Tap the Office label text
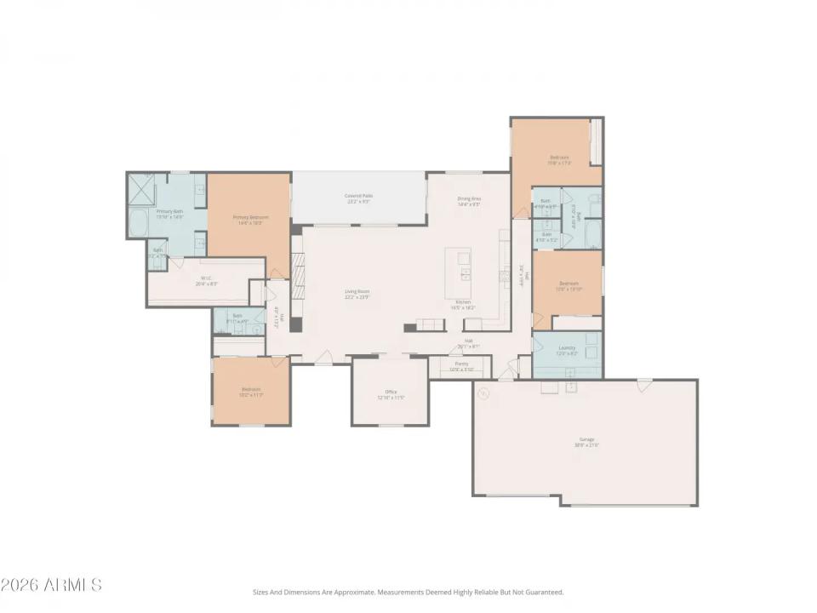coord(391,394)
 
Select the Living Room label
coord(357,294)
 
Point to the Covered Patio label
coord(358,198)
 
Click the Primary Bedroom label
coord(251,219)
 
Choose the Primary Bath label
coord(169,214)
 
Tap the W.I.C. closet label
coord(206,280)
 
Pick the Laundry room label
coord(567,350)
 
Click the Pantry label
coord(460,366)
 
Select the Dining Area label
coord(470,201)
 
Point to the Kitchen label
coord(464,305)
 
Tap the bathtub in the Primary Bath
coord(139,224)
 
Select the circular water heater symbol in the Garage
coord(483,393)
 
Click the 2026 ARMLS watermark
coord(51,585)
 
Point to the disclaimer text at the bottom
coord(408,592)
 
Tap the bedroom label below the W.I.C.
coord(251,392)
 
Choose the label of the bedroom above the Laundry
coord(568,286)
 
